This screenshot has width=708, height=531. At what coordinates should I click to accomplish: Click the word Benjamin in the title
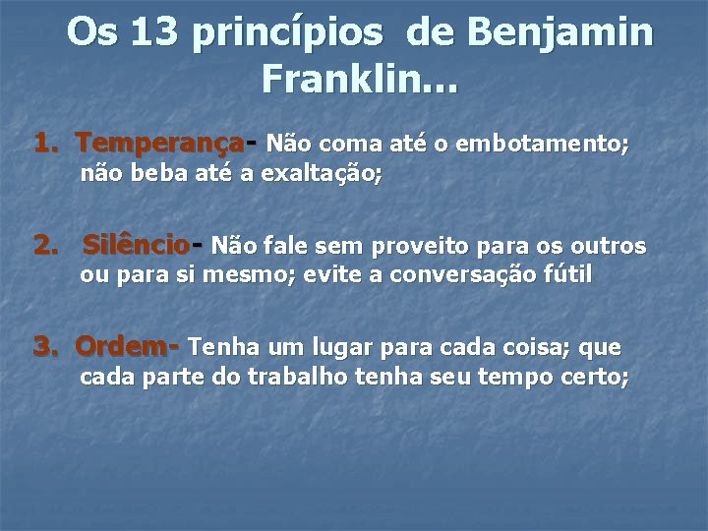(559, 33)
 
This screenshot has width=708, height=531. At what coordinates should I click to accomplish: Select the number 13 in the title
(154, 33)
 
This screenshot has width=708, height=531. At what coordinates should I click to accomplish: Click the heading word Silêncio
(137, 244)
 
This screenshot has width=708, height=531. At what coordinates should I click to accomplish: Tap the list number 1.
(44, 145)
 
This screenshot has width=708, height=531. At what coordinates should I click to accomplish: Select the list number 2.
(44, 244)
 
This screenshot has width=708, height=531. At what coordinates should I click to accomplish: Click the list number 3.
(44, 346)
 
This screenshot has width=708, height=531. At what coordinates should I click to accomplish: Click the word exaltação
(322, 175)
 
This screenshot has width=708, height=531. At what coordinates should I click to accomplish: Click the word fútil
(568, 275)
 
